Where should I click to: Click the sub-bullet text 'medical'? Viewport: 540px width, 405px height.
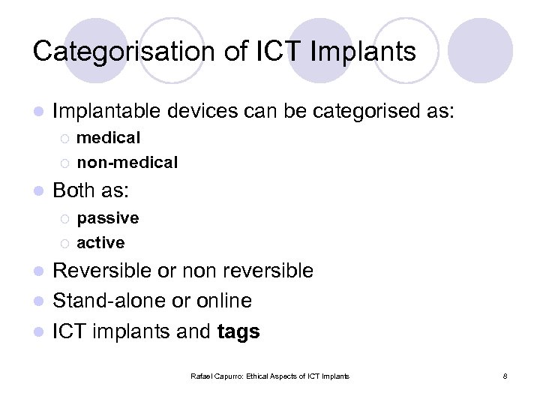(108, 138)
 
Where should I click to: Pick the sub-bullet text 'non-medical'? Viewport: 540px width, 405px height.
(127, 162)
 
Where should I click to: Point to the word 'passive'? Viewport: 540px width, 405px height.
(107, 218)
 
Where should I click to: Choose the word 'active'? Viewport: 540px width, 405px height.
(100, 242)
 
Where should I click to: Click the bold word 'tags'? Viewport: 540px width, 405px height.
(238, 332)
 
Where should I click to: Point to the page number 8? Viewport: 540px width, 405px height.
(505, 376)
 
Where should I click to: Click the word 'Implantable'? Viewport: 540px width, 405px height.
(106, 112)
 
